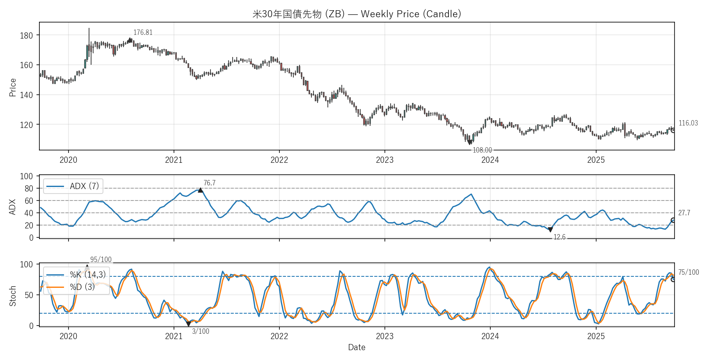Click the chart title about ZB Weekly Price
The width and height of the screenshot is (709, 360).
[357, 14]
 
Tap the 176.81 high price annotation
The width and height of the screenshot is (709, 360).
[143, 33]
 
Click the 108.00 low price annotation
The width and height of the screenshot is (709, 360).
[482, 150]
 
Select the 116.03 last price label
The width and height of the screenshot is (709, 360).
[688, 123]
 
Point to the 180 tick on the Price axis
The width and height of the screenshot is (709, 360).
[26, 36]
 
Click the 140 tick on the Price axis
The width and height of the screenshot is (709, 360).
[26, 95]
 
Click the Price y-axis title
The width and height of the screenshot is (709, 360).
[13, 87]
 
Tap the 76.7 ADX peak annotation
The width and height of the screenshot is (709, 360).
[209, 183]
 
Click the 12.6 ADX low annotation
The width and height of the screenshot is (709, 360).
[559, 237]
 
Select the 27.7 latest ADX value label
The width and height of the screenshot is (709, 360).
[684, 213]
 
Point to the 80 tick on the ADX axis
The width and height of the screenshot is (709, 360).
[29, 189]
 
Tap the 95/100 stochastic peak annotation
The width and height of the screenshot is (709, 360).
[101, 260]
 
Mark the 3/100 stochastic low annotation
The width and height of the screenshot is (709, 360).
[201, 332]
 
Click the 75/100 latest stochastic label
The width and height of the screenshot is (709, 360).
[688, 273]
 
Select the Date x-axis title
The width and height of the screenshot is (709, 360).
[357, 348]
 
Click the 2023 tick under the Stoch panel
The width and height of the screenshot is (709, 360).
[384, 337]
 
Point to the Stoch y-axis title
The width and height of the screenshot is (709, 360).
[13, 296]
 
